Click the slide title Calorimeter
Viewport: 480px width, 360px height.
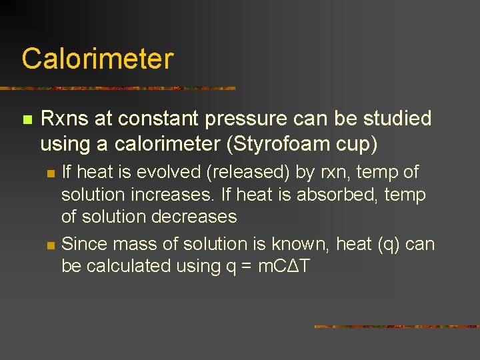[x=97, y=59]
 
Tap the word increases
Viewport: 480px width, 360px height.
[x=173, y=195]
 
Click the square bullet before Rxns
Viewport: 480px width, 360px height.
[x=27, y=120]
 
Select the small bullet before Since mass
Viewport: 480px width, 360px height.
[x=51, y=245]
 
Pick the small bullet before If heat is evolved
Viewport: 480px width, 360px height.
[x=51, y=173]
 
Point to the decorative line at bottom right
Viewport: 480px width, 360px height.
[x=396, y=327]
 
